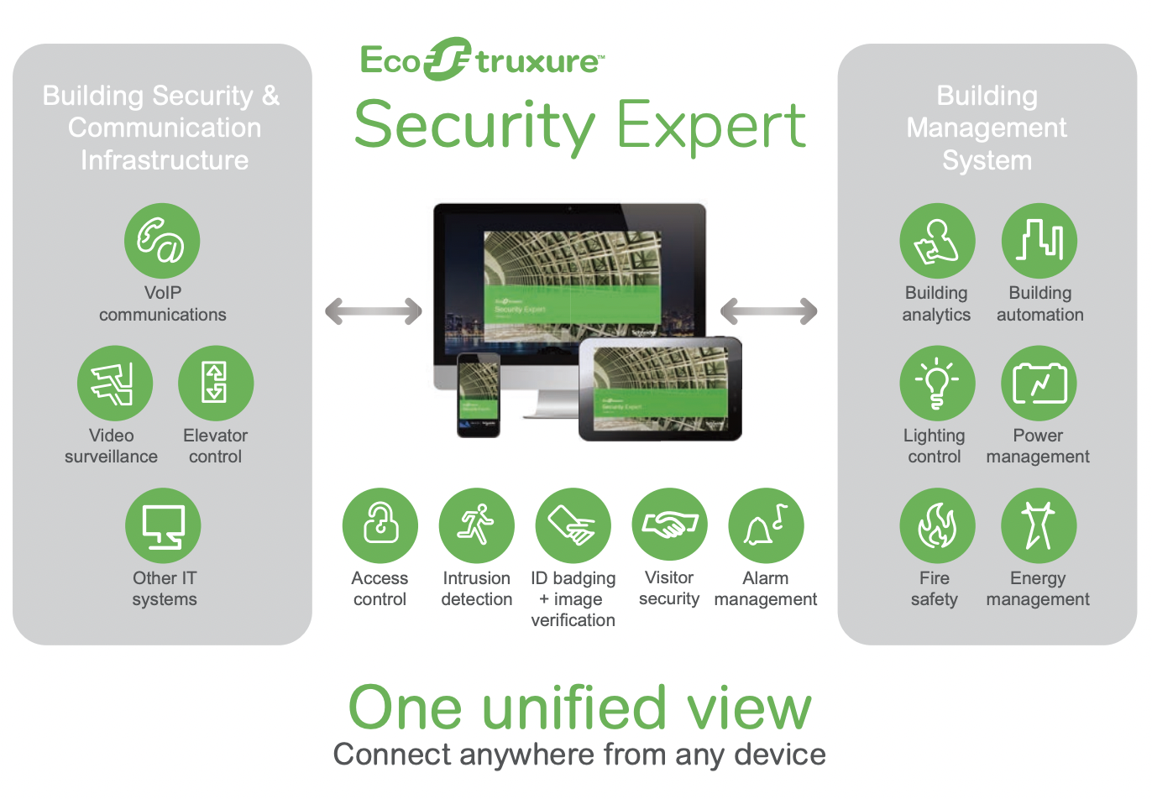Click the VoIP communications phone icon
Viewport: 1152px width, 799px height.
point(162,241)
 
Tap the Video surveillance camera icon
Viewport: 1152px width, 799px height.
point(115,384)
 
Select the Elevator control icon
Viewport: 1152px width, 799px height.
point(216,384)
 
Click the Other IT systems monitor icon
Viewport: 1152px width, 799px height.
point(163,526)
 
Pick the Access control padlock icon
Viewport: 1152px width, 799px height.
point(380,526)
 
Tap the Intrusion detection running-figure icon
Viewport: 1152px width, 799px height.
point(477,526)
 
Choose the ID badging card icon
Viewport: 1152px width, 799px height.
point(573,526)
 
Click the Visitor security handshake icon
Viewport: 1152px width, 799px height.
point(670,526)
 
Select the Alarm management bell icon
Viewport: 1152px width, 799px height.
point(767,526)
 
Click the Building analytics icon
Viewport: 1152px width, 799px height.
point(937,241)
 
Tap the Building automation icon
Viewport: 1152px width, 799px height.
point(1039,241)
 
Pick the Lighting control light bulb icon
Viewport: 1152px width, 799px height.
point(937,384)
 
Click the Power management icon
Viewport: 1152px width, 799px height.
point(1039,384)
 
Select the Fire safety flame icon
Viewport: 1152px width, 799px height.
point(937,526)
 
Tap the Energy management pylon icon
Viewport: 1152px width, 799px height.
point(1039,526)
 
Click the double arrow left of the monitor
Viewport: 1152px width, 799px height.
point(374,311)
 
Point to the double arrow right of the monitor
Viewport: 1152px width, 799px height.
point(769,311)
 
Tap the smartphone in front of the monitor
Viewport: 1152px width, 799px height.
point(479,394)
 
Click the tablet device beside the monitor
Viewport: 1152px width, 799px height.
point(661,389)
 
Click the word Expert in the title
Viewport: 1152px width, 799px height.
point(711,126)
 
